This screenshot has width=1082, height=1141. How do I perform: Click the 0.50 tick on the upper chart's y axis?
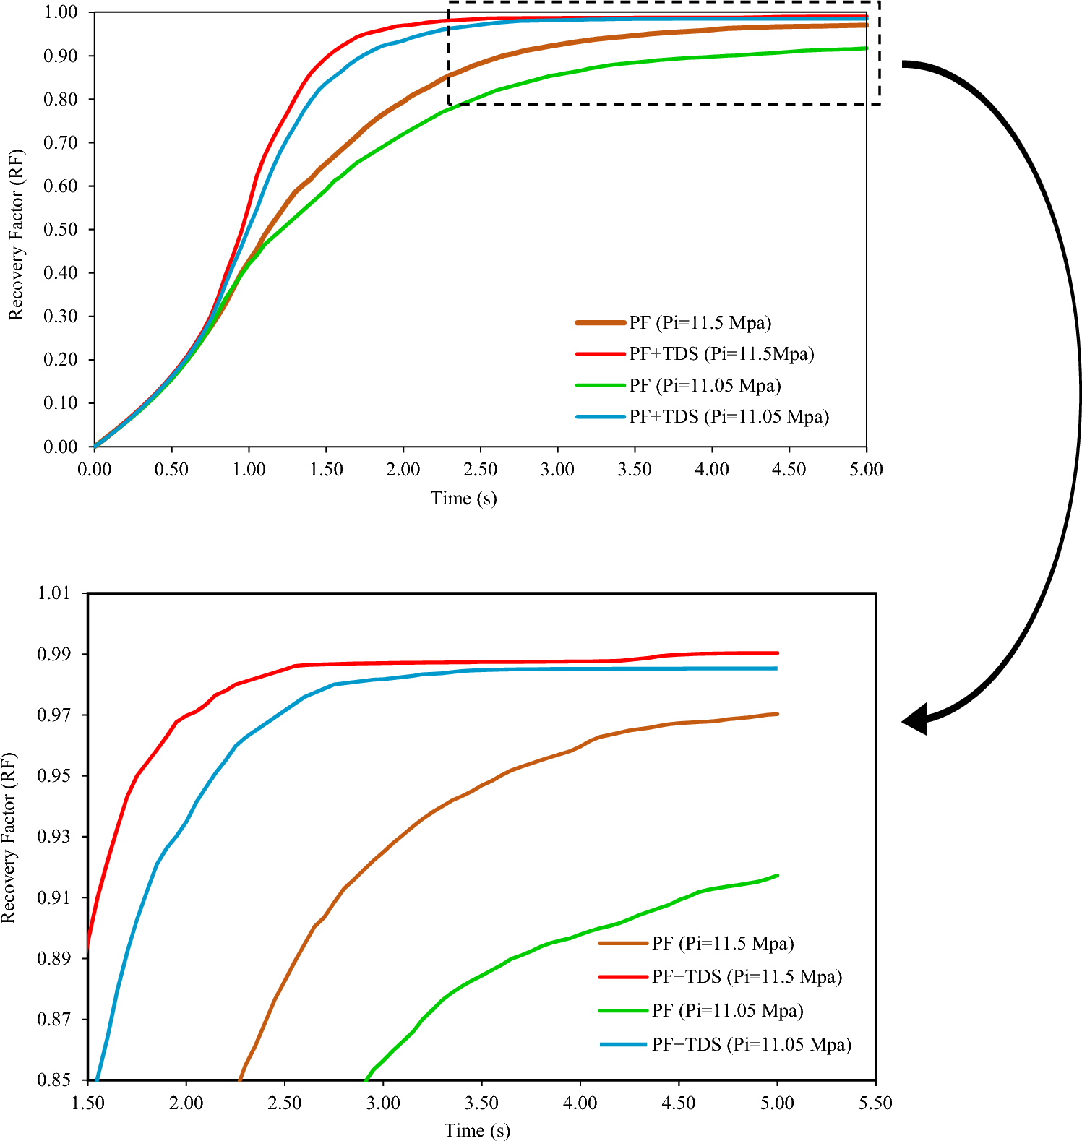(61, 229)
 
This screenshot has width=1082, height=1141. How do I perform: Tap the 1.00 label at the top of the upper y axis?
(61, 12)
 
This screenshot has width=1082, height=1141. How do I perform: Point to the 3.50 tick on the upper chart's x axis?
(635, 470)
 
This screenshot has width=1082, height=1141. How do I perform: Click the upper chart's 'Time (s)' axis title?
(463, 499)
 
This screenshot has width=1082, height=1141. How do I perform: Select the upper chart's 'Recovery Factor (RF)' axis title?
(16, 235)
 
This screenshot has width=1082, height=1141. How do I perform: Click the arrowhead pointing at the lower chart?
(915, 720)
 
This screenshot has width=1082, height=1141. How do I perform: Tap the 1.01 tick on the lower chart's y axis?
(54, 593)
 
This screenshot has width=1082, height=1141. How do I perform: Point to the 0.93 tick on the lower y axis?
(54, 837)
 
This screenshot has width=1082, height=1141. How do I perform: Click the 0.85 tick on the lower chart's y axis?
(54, 1080)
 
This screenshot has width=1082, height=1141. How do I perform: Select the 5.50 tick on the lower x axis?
(875, 1103)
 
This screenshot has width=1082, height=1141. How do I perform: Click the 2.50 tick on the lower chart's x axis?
(285, 1103)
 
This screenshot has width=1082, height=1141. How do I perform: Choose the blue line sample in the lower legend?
(623, 1044)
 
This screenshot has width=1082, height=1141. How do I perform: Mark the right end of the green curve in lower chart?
(777, 876)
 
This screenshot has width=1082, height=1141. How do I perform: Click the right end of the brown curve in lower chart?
(777, 714)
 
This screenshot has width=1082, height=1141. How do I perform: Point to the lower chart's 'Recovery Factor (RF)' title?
(9, 837)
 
